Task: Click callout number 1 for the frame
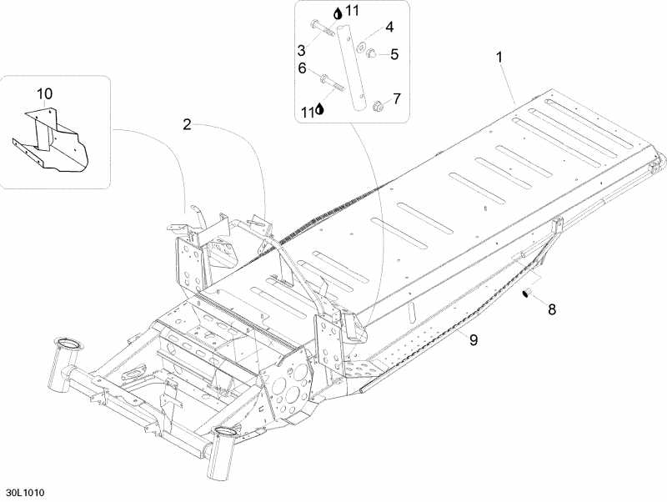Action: (499, 57)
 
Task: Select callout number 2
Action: (187, 124)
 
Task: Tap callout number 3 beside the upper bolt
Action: (301, 51)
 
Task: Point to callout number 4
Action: (389, 27)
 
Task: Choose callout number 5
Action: (394, 54)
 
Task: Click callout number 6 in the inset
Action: (302, 68)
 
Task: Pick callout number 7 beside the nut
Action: (397, 98)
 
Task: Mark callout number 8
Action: (552, 309)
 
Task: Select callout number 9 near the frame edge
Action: (474, 339)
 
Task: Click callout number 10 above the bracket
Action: (45, 93)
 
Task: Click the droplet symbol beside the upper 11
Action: (338, 13)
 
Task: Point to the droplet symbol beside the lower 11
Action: (320, 109)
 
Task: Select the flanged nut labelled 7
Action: (377, 105)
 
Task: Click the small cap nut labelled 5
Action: (370, 53)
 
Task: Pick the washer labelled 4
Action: (363, 45)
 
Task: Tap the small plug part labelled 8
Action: (527, 294)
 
